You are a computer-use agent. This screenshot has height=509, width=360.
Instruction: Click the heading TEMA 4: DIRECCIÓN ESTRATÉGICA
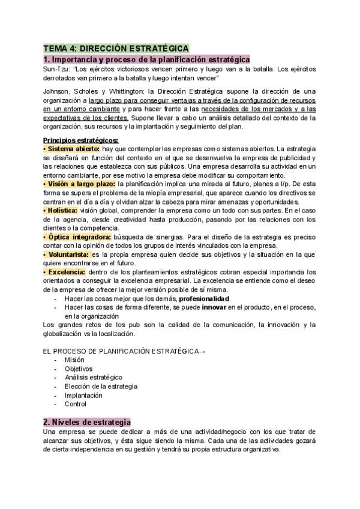116,48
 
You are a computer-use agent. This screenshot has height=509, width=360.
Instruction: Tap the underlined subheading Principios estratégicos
81,140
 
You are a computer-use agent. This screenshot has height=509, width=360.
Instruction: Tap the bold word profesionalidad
204,298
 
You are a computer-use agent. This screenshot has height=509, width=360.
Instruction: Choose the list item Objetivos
79,369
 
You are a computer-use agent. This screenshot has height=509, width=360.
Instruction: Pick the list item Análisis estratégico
94,378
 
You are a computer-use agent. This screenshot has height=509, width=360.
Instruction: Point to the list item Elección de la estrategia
101,387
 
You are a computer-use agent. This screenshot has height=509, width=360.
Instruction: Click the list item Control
76,405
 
